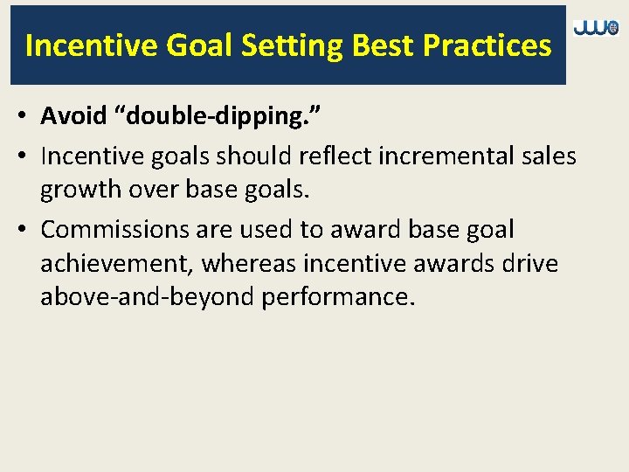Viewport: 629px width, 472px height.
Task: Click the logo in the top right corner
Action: pyautogui.click(x=596, y=29)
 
